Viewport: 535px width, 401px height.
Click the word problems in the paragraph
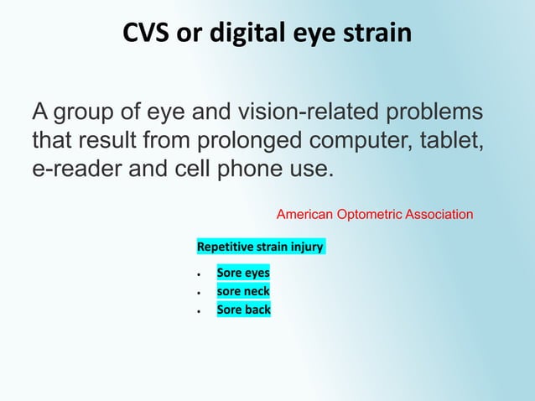(x=436, y=112)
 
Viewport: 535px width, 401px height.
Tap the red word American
(x=305, y=215)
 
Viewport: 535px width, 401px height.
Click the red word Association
(x=439, y=215)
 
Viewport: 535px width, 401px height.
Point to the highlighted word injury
(x=307, y=247)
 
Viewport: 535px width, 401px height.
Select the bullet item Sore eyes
(x=243, y=273)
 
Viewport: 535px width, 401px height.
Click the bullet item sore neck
(x=243, y=292)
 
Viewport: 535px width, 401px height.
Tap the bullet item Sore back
(x=243, y=310)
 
